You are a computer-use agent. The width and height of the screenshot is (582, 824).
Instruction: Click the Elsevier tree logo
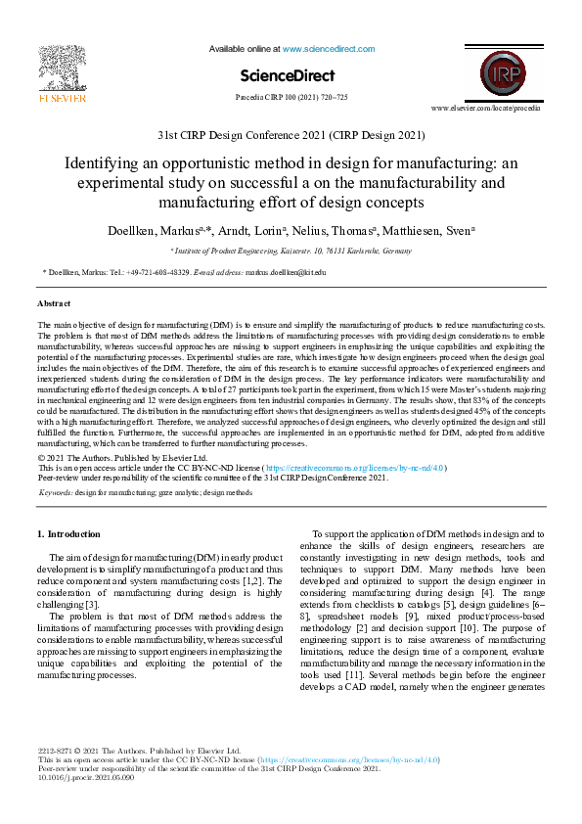pyautogui.click(x=62, y=68)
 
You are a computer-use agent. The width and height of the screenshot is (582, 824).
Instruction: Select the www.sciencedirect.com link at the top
pyautogui.click(x=328, y=48)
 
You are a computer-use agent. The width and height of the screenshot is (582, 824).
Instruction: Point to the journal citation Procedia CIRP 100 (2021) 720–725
pyautogui.click(x=291, y=98)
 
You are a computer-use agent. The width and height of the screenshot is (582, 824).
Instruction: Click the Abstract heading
pyautogui.click(x=54, y=304)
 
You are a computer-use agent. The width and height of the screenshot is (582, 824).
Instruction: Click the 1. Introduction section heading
pyautogui.click(x=67, y=534)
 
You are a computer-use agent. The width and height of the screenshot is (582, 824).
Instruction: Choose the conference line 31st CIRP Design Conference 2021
pyautogui.click(x=291, y=135)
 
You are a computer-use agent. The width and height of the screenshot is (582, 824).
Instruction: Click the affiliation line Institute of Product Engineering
pyautogui.click(x=291, y=251)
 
